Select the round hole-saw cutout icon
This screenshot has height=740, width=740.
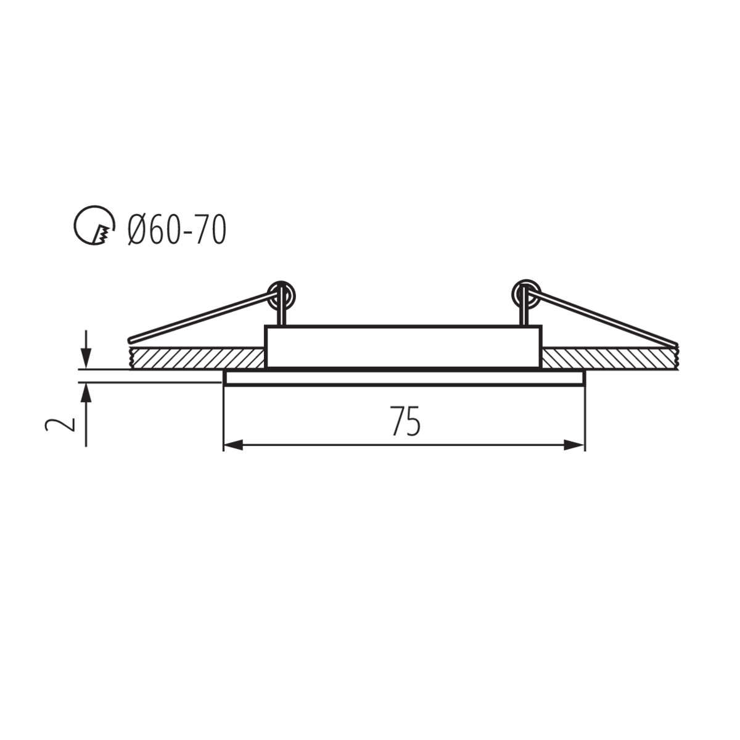[94, 225]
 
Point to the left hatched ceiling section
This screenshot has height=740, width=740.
[197, 358]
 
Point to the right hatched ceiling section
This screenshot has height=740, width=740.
[610, 358]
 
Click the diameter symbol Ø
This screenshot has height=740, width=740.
[137, 230]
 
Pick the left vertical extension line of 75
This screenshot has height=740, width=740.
[223, 419]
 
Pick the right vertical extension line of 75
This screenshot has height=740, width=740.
[585, 419]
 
